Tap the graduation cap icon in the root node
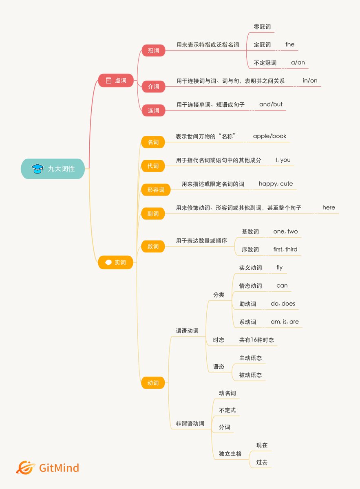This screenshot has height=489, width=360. (38, 169)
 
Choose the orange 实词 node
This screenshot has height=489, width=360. (115, 262)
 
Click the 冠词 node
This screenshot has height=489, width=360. (153, 51)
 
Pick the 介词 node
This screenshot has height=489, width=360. (153, 86)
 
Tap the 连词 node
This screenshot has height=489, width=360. (153, 110)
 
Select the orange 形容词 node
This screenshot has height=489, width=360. (156, 190)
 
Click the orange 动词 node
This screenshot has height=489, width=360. (153, 383)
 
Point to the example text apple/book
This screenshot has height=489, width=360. (269, 136)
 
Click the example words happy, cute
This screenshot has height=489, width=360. (276, 184)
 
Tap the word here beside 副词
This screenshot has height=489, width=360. (329, 207)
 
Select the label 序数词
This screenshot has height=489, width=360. (250, 249)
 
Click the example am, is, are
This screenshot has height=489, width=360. (285, 322)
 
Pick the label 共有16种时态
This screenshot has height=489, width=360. (256, 340)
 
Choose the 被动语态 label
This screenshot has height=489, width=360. (250, 375)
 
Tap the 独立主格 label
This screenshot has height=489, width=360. (230, 454)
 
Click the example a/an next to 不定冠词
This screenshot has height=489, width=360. (298, 62)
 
